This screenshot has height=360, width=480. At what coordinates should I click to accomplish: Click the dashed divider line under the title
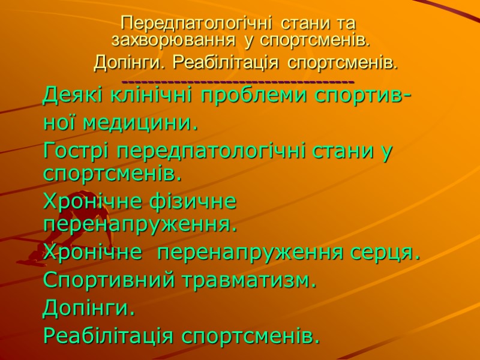point(238,81)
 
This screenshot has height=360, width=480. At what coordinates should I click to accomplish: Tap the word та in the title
point(346,25)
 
